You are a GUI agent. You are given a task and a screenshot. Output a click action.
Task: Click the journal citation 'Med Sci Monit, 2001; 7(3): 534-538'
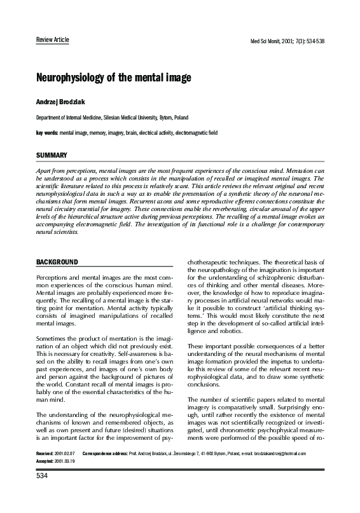tap(288, 41)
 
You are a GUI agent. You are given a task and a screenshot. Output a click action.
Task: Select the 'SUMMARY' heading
tap(52, 156)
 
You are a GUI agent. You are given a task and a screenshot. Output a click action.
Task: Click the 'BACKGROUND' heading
tap(57, 262)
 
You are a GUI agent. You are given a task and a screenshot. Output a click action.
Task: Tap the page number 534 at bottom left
tap(42, 493)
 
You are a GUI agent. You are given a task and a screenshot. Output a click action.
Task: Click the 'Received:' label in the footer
tap(46, 471)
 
